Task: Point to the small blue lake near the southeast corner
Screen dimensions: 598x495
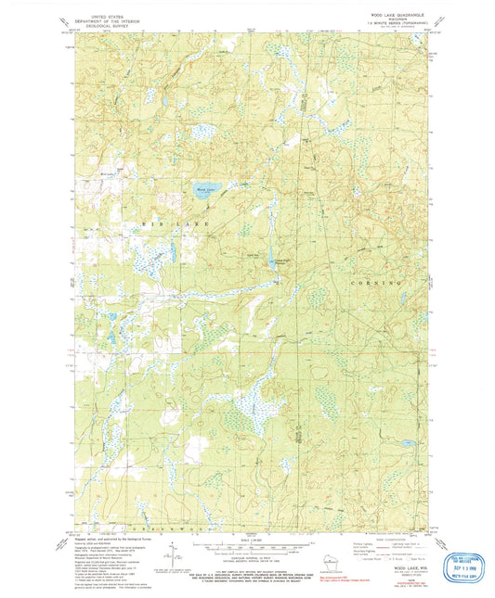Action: pyautogui.click(x=407, y=444)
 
